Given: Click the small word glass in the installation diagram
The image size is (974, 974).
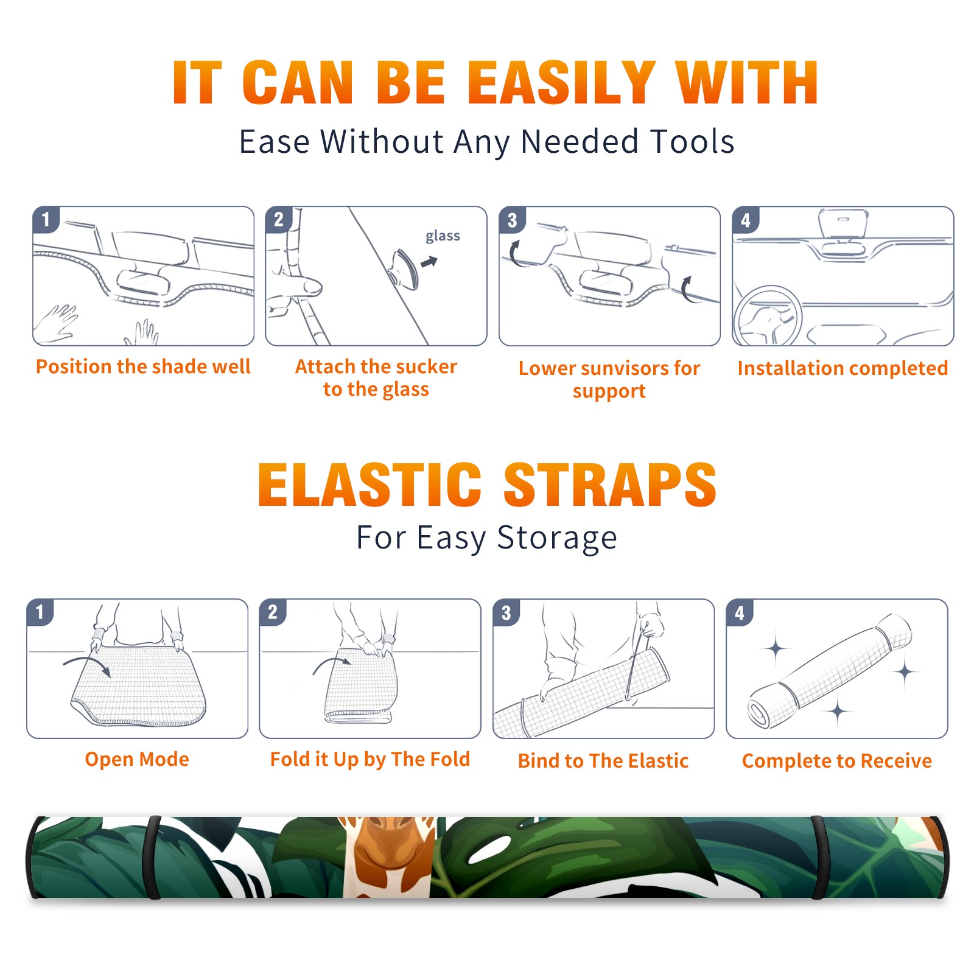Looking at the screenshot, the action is (443, 236).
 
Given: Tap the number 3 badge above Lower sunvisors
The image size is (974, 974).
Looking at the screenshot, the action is (513, 220).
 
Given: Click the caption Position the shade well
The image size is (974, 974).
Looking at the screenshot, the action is (143, 366).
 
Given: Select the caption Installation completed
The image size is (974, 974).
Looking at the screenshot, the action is (843, 368).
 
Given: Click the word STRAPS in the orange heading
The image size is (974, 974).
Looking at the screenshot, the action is (610, 485).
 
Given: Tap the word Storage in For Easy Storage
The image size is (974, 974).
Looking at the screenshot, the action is (557, 538).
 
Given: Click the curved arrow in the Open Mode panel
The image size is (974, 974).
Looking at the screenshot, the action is (87, 665).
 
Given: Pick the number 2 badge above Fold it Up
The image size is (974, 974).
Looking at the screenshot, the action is (273, 612).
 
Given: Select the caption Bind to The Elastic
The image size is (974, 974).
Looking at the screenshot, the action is (603, 761).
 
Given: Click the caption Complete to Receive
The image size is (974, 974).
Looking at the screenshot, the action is (837, 761).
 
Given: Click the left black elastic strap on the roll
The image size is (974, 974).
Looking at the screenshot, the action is (153, 857).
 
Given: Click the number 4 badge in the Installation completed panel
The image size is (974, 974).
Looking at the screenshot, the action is (746, 220).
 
